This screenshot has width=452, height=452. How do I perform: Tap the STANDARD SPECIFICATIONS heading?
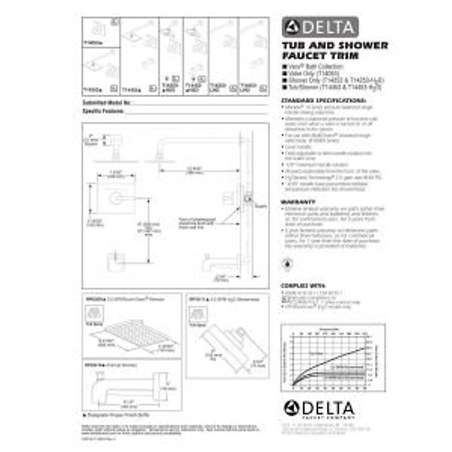[x=324, y=101]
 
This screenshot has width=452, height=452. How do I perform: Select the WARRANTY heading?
[x=298, y=202]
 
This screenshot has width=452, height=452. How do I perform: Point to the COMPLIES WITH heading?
[x=303, y=286]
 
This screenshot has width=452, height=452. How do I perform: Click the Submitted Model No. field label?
[x=106, y=102]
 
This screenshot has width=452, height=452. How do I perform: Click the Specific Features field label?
[x=103, y=111]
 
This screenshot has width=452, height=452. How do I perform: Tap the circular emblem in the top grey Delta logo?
[x=292, y=27]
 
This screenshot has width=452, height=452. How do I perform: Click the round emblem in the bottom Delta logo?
[x=292, y=408]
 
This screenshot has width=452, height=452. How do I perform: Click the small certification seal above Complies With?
[x=288, y=264]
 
